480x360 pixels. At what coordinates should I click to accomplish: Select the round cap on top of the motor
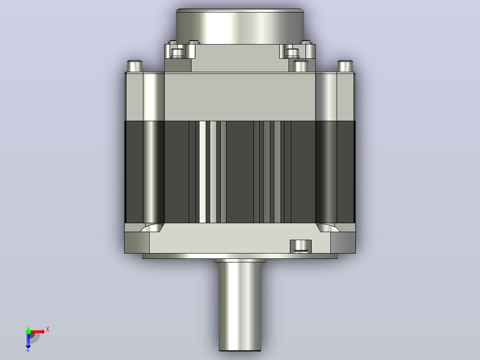click(x=240, y=26)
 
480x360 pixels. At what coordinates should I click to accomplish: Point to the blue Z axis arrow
click(x=28, y=340)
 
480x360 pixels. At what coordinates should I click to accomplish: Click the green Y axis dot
click(x=28, y=331)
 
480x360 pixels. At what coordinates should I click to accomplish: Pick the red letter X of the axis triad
click(x=48, y=330)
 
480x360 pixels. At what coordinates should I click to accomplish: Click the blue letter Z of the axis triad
click(x=28, y=349)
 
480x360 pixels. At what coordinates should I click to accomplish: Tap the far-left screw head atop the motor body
click(x=134, y=66)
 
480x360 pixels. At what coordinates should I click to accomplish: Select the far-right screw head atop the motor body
click(x=346, y=66)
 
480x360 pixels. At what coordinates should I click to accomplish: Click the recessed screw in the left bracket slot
click(x=177, y=53)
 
